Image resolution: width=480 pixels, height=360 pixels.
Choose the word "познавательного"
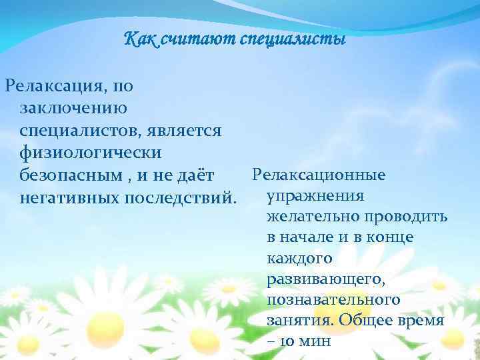coord(333,299)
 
